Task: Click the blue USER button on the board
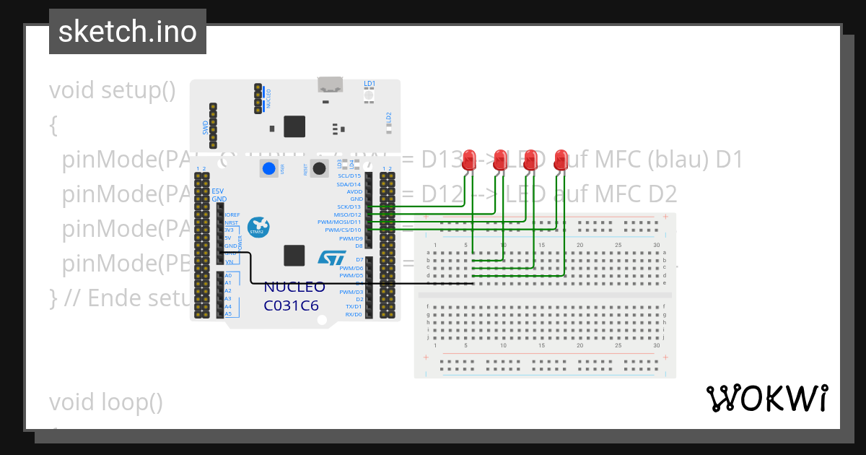point(269,169)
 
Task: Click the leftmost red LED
point(470,160)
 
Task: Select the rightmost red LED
point(561,160)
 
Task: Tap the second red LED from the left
point(500,160)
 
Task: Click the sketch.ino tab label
point(128,32)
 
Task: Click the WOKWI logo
point(766,398)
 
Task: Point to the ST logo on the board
point(332,258)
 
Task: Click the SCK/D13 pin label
point(349,207)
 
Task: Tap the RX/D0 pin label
point(353,314)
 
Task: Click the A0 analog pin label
point(228,276)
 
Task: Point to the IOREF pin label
point(232,214)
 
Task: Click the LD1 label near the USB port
point(369,84)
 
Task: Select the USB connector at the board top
point(331,85)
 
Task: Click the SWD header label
point(205,127)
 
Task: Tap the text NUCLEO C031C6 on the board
point(294,296)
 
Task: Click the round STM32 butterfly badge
point(258,227)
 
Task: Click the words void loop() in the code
point(106,402)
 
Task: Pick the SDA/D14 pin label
point(348,184)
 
